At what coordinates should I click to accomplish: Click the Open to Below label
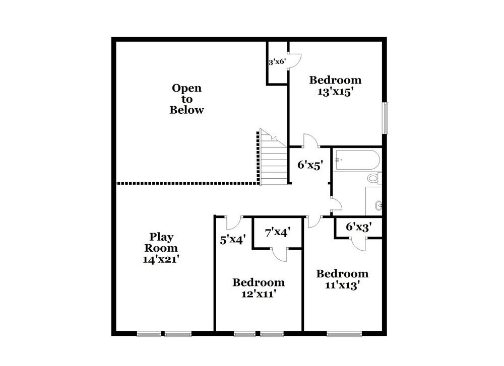186,99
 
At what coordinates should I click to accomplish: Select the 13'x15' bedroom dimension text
335,93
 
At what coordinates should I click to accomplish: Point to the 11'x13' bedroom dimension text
342,285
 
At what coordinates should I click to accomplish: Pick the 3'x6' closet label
277,62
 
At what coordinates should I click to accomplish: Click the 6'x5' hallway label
309,164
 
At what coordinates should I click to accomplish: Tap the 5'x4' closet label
232,240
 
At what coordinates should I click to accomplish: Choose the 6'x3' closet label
358,227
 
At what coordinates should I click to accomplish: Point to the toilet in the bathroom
373,178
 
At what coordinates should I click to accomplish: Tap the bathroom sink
378,205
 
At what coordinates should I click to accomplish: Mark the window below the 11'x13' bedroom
345,333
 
